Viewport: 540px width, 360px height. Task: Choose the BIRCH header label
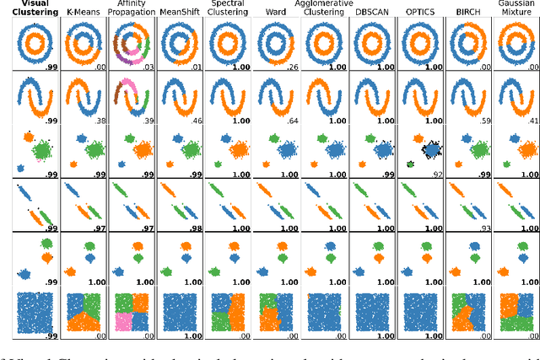click(x=467, y=13)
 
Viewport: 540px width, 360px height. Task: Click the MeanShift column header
click(x=177, y=13)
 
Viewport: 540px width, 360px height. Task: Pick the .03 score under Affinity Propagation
click(x=148, y=67)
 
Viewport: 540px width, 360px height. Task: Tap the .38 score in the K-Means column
click(x=100, y=121)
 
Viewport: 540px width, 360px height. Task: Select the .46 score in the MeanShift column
click(x=196, y=121)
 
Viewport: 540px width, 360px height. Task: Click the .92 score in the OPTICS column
click(x=436, y=175)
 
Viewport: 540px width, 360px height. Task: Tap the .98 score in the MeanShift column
click(x=196, y=228)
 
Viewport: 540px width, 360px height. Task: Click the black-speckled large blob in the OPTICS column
click(x=430, y=150)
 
